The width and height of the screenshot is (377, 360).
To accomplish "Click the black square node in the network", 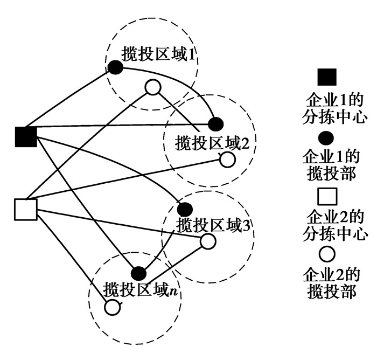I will coord(25,137).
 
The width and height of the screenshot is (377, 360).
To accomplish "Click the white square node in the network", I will coord(25,209).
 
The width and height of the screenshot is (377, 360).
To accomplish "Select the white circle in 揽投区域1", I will coord(153,87).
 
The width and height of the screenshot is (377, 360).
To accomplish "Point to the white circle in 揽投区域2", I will coord(227,160).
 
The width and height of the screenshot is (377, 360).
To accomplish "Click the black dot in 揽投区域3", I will coord(185,209).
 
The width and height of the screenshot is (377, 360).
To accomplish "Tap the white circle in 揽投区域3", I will coord(208,241).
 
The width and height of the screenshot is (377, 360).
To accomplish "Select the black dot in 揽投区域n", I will coord(138,273).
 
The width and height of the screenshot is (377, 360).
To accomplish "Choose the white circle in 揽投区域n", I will coord(111,307).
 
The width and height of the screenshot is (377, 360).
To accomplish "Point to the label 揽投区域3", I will coord(213,224).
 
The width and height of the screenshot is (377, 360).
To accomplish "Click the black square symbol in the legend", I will coord(328,77).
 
